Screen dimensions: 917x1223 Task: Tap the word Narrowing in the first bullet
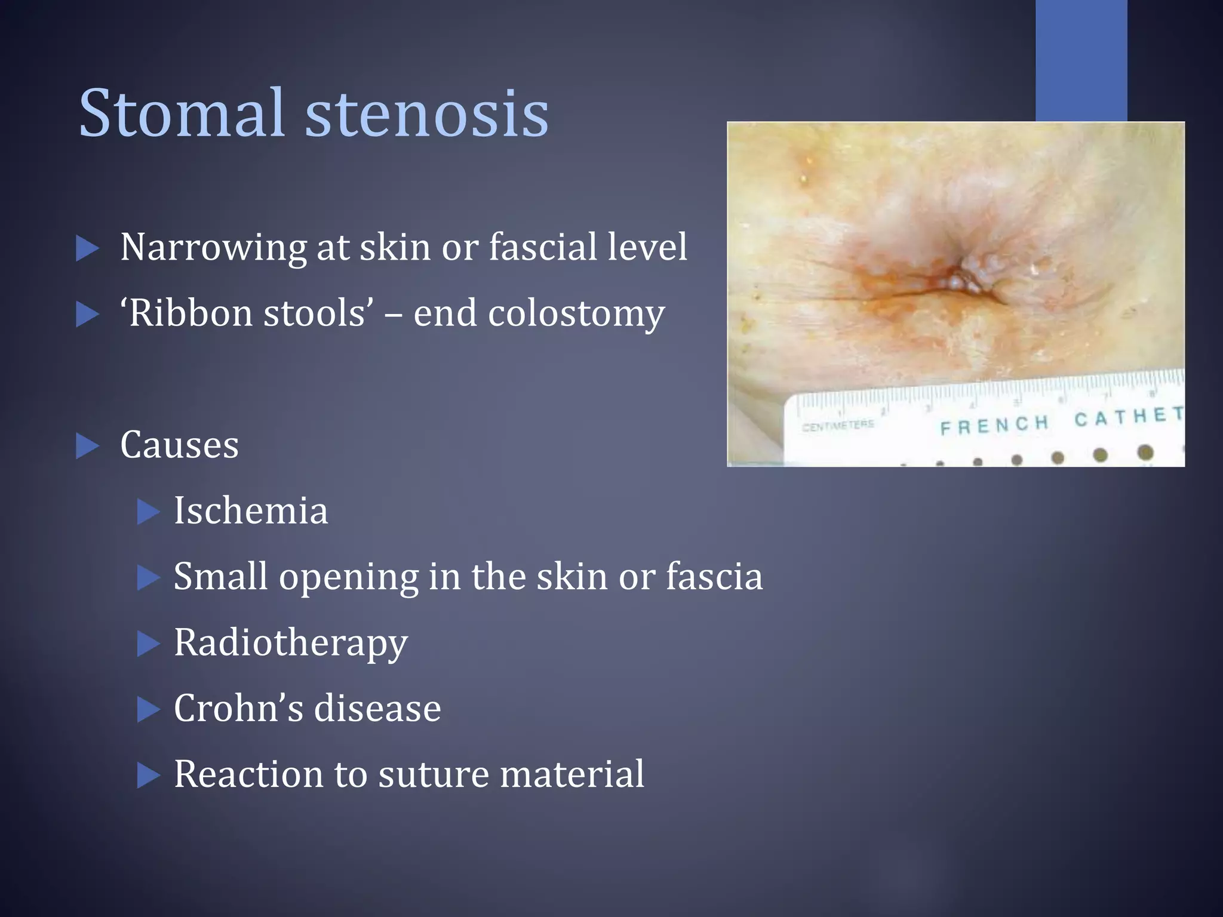click(x=213, y=247)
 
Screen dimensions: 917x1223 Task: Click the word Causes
click(x=179, y=445)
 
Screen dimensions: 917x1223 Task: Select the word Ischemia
click(x=251, y=511)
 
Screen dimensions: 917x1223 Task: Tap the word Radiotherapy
click(x=291, y=644)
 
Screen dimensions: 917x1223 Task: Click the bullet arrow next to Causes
click(x=87, y=446)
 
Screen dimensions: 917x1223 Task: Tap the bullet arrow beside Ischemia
click(x=148, y=512)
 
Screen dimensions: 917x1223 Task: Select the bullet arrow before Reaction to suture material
click(x=148, y=775)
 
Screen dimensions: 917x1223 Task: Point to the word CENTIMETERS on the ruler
click(x=838, y=426)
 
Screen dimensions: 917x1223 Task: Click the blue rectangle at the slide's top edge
click(x=1081, y=60)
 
